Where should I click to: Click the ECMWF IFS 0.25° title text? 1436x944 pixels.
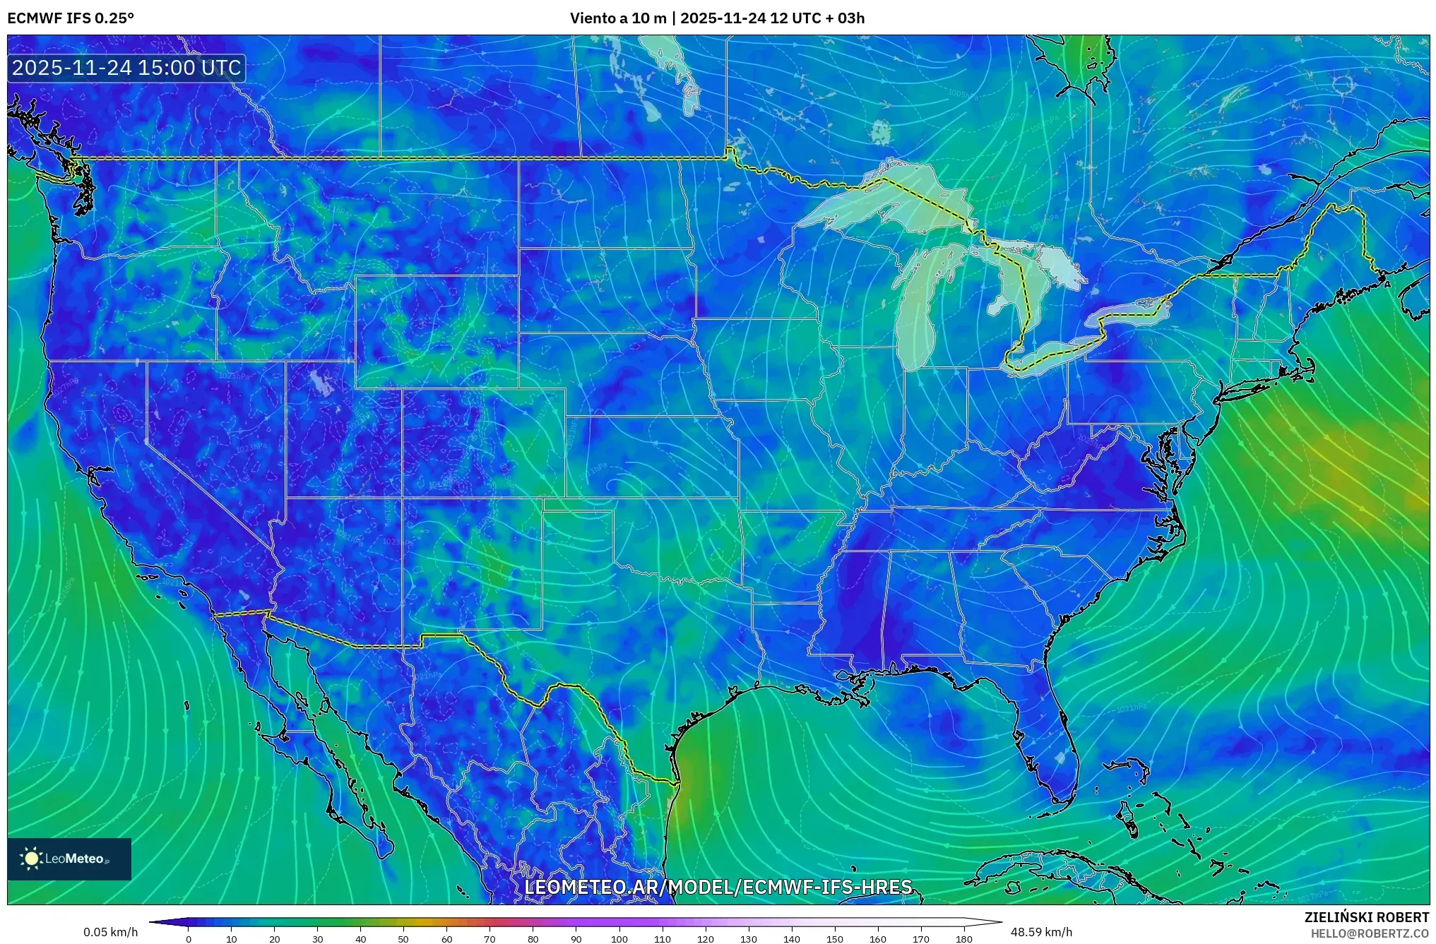(71, 18)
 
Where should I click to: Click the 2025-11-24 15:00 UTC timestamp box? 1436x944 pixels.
(126, 68)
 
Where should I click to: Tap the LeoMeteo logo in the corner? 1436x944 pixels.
(69, 859)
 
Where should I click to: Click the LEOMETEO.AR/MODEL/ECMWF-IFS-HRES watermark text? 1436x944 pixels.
(718, 887)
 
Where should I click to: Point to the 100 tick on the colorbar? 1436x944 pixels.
(619, 939)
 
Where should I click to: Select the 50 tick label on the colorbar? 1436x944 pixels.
(403, 939)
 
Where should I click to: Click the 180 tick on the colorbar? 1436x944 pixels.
(963, 939)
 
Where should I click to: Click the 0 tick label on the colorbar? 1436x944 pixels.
(189, 939)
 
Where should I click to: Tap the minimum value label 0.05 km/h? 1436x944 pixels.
(110, 932)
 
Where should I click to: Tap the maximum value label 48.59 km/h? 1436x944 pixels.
(1041, 932)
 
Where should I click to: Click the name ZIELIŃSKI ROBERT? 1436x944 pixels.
(1366, 917)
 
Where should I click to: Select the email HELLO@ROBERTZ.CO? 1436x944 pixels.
(1370, 933)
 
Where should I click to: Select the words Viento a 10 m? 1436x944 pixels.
(618, 18)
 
